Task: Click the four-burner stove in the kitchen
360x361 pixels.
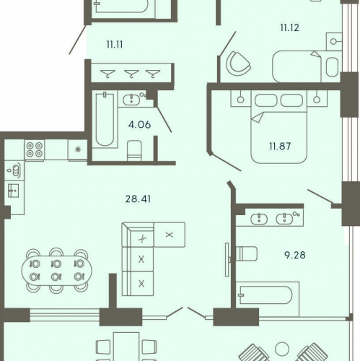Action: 35,149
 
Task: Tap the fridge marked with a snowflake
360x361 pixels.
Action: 77,149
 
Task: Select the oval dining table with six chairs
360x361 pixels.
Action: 57,270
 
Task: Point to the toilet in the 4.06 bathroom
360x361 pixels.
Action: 134,150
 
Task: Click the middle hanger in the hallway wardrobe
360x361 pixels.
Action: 130,71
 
